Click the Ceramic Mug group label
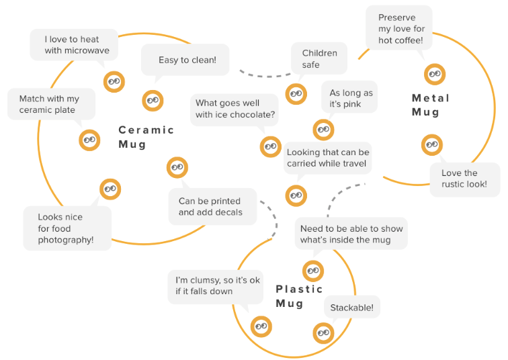(x=146, y=137)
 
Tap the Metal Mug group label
(x=430, y=105)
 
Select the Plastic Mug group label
(x=299, y=296)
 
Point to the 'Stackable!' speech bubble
(x=352, y=308)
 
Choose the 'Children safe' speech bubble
(x=319, y=59)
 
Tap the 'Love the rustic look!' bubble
(x=464, y=179)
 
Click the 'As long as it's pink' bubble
(x=349, y=98)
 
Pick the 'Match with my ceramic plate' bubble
(x=49, y=105)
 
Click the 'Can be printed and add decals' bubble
(x=204, y=207)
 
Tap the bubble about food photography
(x=66, y=228)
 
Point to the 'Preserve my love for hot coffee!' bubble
(x=400, y=29)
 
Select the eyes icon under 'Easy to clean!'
(x=153, y=101)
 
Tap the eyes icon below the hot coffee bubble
(x=435, y=73)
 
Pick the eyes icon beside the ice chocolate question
(x=270, y=146)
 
